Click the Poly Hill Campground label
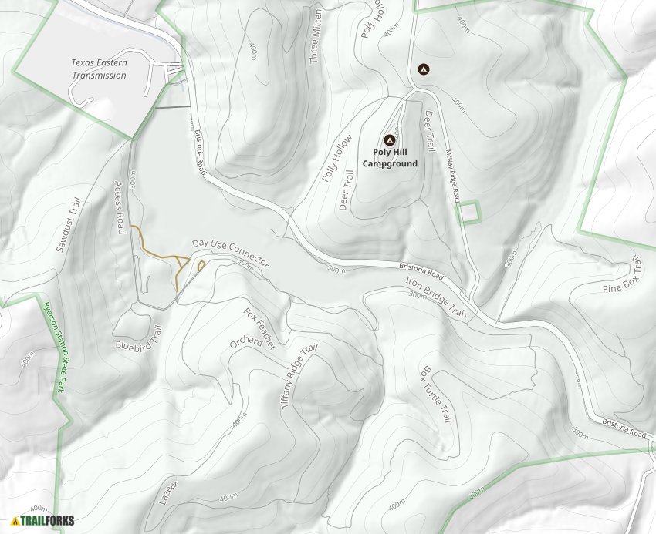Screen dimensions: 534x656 coord(390,158)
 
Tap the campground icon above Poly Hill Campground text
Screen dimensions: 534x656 coord(390,140)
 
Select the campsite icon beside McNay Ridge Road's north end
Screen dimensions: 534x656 coord(422,69)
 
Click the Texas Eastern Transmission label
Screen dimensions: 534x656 coord(99,69)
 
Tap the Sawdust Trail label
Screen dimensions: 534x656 coord(69,226)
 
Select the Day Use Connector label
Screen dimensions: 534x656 coord(231,254)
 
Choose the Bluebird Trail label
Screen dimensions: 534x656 coord(138,338)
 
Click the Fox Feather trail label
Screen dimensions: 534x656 coord(259,329)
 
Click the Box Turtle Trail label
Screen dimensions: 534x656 coord(435,394)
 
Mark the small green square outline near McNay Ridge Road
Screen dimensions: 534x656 coord(468,213)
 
